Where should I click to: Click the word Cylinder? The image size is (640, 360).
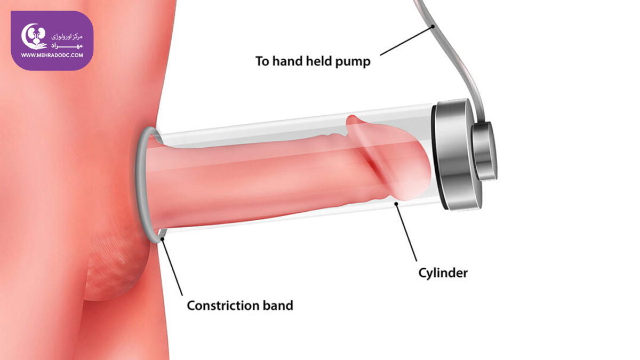pyautogui.click(x=443, y=273)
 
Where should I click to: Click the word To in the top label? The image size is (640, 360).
pyautogui.click(x=262, y=61)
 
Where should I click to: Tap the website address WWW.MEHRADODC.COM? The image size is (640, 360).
pyautogui.click(x=52, y=55)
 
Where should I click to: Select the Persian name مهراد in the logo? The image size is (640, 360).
pyautogui.click(x=67, y=46)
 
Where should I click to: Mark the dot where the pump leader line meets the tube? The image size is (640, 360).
pyautogui.click(x=433, y=27)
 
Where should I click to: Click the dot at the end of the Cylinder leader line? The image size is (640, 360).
pyautogui.click(x=396, y=203)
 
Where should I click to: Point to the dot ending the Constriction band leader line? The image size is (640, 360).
pyautogui.click(x=162, y=239)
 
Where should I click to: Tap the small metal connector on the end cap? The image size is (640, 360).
pyautogui.click(x=484, y=151)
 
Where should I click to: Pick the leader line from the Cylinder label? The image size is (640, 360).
pyautogui.click(x=406, y=233)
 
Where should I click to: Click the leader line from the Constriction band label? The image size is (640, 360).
pyautogui.click(x=172, y=267)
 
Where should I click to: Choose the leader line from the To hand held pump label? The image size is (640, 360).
pyautogui.click(x=406, y=41)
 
